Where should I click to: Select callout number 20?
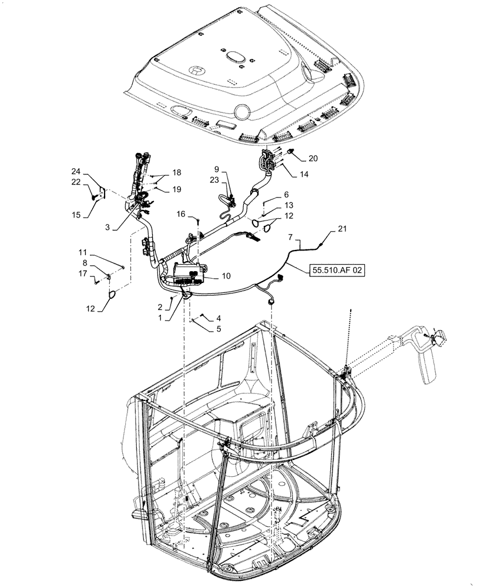click(x=313, y=158)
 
